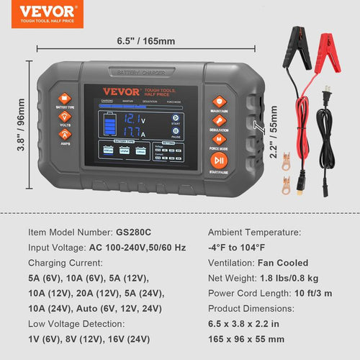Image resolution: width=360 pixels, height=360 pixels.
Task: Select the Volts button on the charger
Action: [64, 117]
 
